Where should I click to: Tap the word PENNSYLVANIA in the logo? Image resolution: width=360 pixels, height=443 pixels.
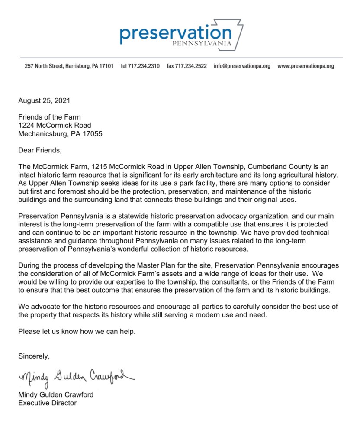[202, 44]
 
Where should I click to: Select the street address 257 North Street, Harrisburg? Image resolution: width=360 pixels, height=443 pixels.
[69, 66]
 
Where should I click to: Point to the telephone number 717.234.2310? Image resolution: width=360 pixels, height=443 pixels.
[140, 66]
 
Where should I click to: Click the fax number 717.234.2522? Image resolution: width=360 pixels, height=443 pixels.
[186, 66]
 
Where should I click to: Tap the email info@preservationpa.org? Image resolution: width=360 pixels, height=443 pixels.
[242, 66]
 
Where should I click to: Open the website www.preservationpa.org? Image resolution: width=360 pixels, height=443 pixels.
[305, 66]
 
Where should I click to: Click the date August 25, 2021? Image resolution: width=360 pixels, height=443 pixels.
[44, 101]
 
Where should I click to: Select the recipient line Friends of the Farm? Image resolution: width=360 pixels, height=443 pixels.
[49, 117]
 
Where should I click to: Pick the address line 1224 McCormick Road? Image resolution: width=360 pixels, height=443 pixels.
[55, 125]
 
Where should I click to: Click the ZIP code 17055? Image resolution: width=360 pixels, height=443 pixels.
[92, 133]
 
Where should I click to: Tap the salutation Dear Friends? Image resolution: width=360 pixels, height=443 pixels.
[40, 150]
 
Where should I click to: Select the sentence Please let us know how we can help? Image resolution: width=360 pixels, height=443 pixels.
[77, 332]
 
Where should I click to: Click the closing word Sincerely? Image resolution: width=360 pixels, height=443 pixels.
[34, 356]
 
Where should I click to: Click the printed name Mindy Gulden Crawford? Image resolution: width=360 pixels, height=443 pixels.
[56, 394]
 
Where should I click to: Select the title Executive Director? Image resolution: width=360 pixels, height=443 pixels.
[47, 403]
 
